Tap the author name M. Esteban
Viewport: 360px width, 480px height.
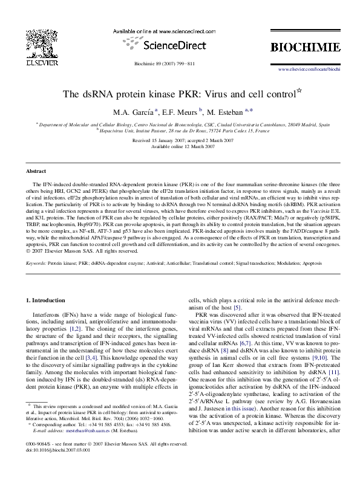pyautogui.click(x=217, y=111)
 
